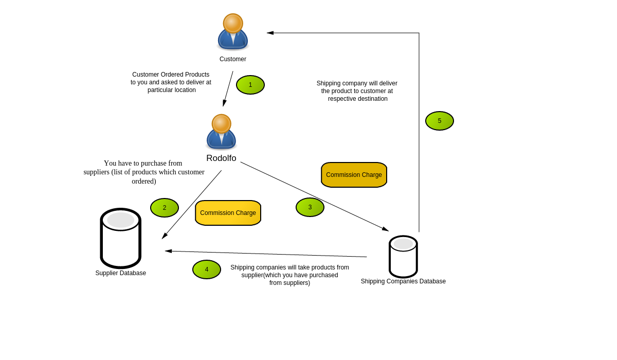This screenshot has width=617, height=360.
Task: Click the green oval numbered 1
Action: [250, 85]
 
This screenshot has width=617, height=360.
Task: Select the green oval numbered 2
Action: [165, 208]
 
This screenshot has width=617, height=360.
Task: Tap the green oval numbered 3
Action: [310, 207]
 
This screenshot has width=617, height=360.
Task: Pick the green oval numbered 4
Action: [207, 269]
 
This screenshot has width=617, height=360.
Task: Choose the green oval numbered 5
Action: [440, 121]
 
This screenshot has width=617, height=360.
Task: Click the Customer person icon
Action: [233, 32]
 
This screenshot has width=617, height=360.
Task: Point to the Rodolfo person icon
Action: [221, 132]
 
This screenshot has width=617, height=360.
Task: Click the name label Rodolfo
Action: [221, 158]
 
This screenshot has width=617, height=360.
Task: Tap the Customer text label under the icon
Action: [233, 59]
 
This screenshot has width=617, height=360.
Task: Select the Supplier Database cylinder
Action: [121, 238]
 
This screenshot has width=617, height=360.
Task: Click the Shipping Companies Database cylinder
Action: [403, 257]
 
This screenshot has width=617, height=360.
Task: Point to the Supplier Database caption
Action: [121, 273]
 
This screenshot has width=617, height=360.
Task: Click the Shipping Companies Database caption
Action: [403, 281]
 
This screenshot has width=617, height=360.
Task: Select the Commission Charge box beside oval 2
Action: [228, 213]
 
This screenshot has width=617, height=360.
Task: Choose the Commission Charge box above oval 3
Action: [354, 175]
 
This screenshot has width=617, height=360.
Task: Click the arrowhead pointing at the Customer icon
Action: [270, 33]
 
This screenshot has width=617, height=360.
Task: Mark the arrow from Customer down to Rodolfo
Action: [228, 88]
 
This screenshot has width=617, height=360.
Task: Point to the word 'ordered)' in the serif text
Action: [144, 181]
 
